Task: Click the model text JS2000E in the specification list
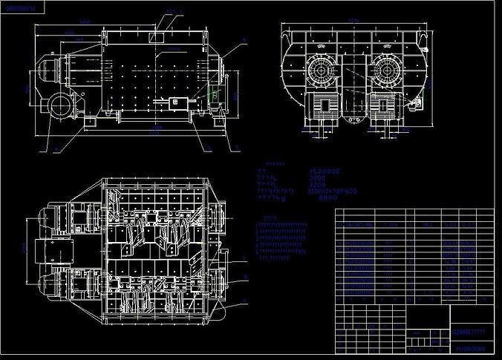point(325,171)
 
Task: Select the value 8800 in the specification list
point(327,198)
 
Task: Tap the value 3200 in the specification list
point(318,185)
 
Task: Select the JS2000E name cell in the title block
point(471,332)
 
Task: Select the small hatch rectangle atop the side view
point(158,36)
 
